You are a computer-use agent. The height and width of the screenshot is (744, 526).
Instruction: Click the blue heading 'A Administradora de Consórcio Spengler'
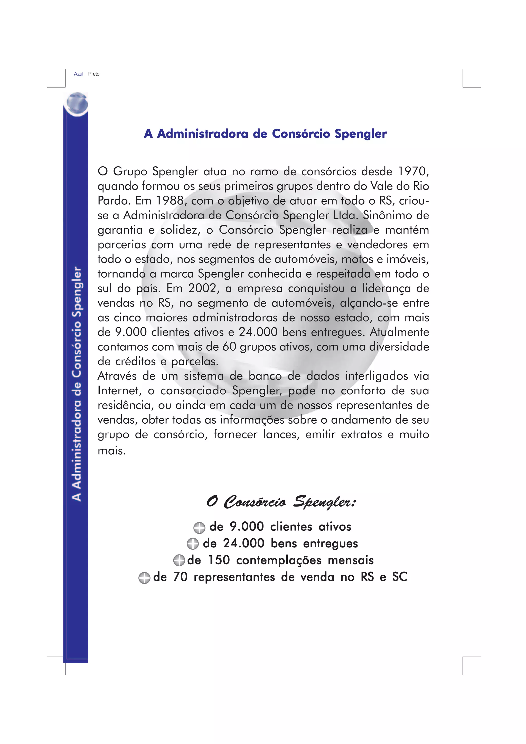coord(265,133)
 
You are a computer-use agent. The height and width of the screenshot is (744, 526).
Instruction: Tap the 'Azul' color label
coord(78,74)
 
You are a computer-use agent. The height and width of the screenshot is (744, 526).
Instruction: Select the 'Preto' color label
coord(94,74)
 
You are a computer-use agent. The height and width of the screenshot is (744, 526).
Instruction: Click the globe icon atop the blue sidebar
coord(77,104)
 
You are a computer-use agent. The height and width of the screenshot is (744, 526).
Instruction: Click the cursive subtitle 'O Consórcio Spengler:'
coord(281,502)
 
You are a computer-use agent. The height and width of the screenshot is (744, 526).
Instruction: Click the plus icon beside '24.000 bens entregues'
coord(193,544)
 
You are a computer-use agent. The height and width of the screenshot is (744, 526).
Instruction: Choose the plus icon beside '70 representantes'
coord(144,578)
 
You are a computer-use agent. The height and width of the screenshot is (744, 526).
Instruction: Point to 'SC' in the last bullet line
coord(400,577)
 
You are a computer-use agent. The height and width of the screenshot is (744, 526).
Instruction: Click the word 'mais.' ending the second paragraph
coord(112,450)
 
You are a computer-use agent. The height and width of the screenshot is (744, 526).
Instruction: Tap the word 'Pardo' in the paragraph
coord(114,201)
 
